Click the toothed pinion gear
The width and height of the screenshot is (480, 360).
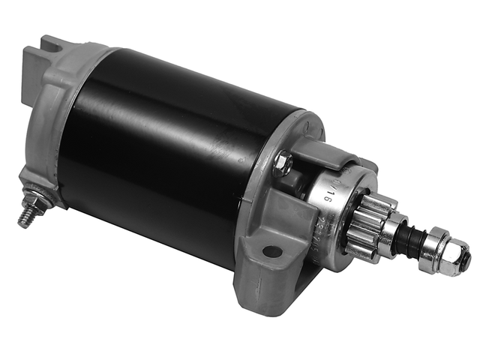tap(366, 225)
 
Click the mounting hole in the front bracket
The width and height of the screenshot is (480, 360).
tap(273, 252)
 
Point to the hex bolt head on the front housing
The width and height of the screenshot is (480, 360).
tap(283, 162)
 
